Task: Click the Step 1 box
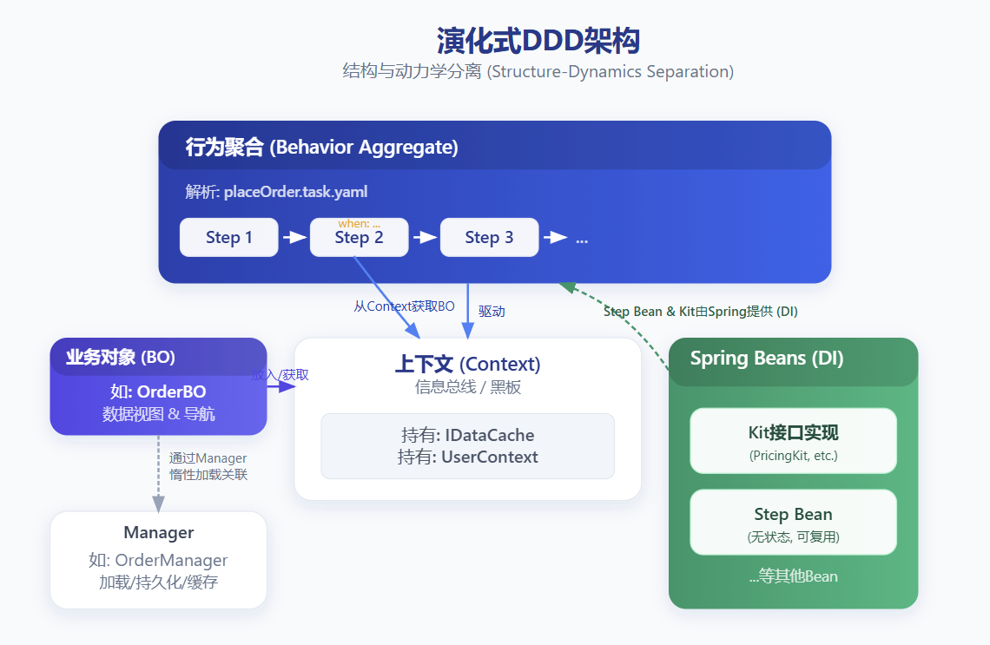[228, 237]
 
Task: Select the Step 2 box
[359, 239]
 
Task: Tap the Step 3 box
[489, 237]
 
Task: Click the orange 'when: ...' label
[359, 224]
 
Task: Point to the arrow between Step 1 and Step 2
[295, 237]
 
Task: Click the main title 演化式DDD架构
[538, 41]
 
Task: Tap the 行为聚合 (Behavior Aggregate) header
[321, 147]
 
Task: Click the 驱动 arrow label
[492, 311]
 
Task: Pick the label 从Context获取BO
[404, 306]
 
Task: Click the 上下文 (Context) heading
[467, 365]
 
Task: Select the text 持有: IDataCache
[467, 435]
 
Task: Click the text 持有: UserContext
[467, 457]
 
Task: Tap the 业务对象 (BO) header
[121, 357]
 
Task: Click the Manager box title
[158, 532]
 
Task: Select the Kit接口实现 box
[793, 440]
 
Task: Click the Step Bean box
[793, 522]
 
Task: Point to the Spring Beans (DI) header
[767, 358]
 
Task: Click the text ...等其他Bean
[793, 576]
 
